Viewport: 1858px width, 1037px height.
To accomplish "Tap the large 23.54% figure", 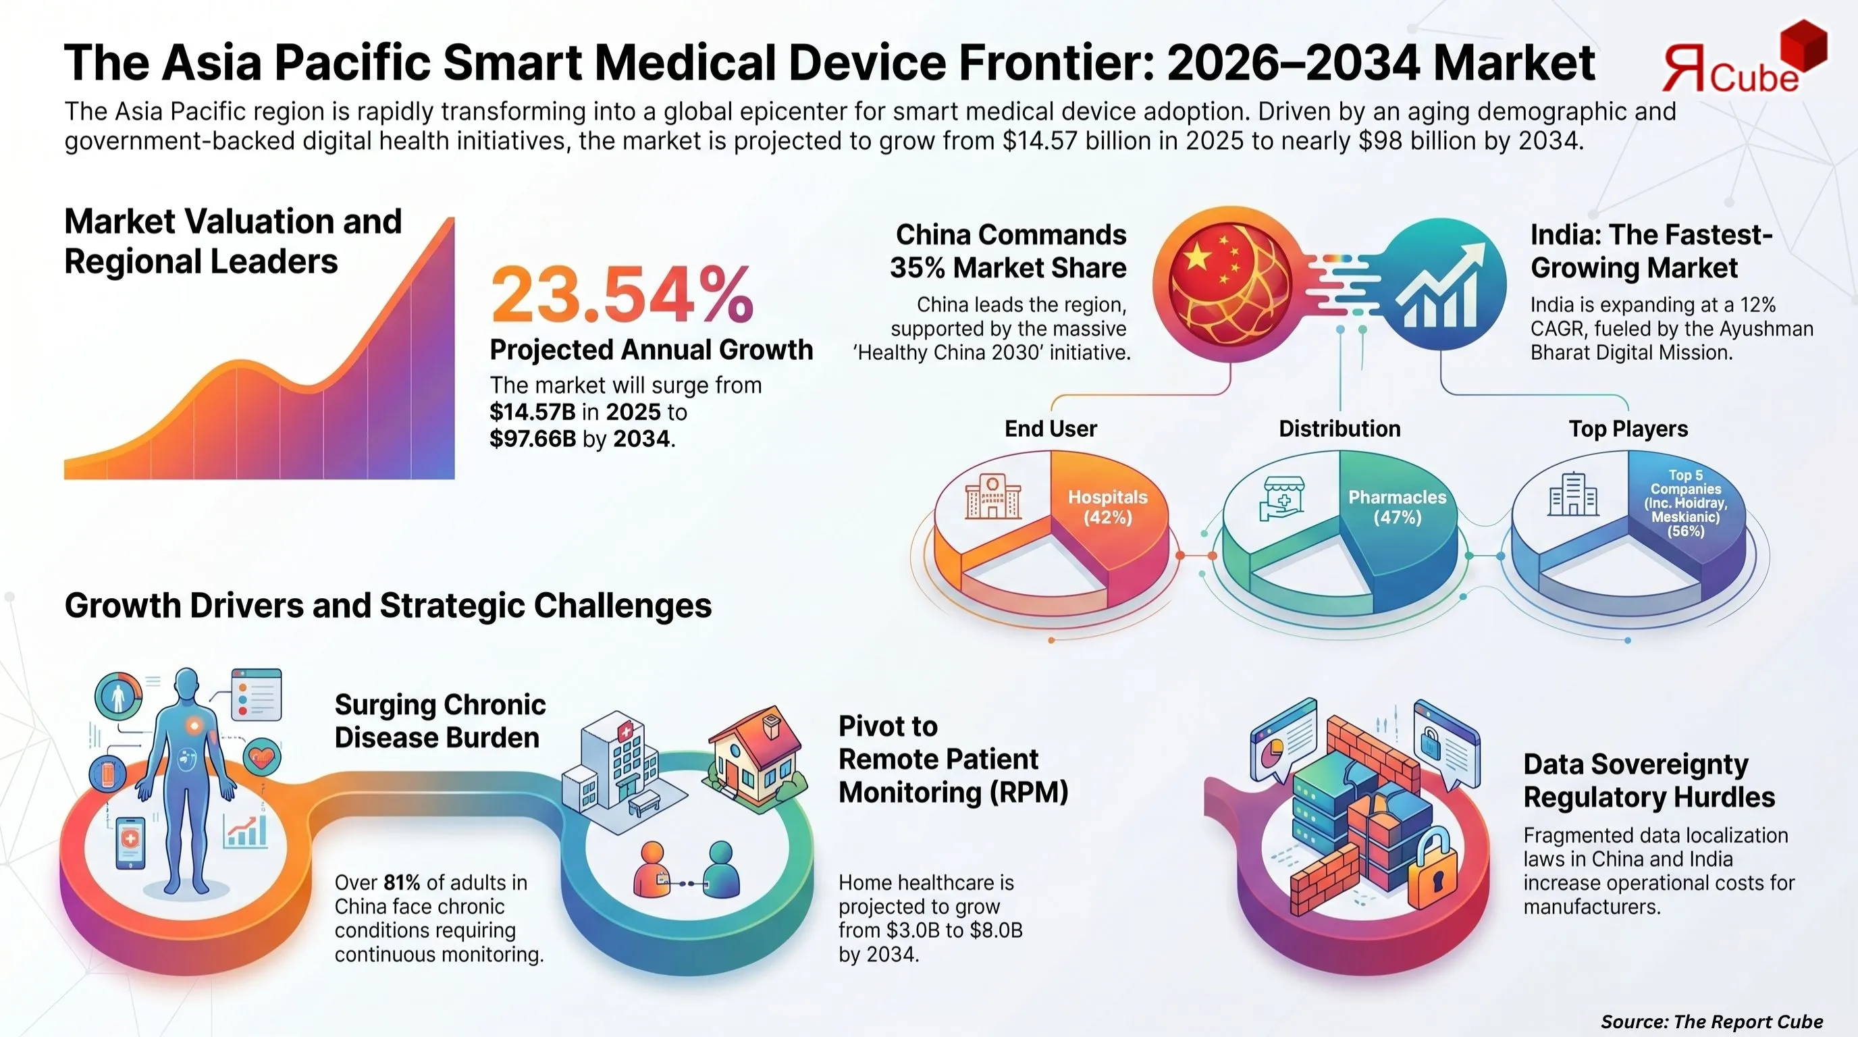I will pyautogui.click(x=622, y=295).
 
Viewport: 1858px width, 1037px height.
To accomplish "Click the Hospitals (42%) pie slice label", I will pyautogui.click(x=1107, y=507).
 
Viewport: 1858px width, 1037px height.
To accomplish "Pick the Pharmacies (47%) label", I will pyautogui.click(x=1397, y=507).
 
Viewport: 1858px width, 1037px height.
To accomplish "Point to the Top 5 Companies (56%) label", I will pyautogui.click(x=1686, y=504).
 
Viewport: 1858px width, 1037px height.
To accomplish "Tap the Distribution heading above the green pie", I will pyautogui.click(x=1339, y=428).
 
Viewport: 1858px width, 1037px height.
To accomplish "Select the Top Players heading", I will pyautogui.click(x=1628, y=428).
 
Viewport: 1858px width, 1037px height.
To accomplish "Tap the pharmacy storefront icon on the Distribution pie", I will pyautogui.click(x=1282, y=498).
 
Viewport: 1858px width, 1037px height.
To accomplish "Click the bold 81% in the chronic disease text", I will pyautogui.click(x=402, y=882).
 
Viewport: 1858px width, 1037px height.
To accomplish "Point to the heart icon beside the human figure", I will pyautogui.click(x=261, y=757).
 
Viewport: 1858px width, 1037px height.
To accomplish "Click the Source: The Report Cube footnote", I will pyautogui.click(x=1711, y=1021).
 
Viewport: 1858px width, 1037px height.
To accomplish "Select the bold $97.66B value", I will pyautogui.click(x=532, y=438).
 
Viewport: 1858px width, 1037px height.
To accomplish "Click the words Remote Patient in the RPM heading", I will pyautogui.click(x=938, y=760).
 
